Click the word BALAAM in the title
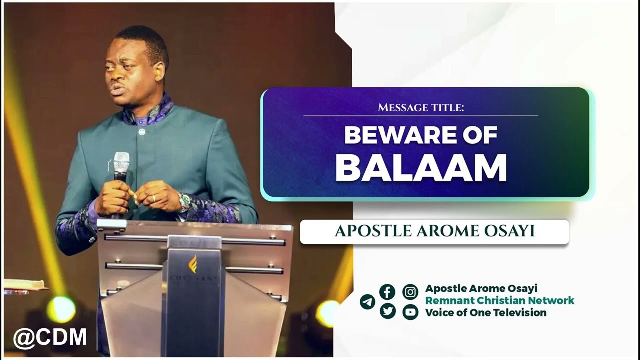(421, 168)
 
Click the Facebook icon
(387, 292)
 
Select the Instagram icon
(410, 292)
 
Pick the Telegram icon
(367, 302)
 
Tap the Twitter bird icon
(387, 311)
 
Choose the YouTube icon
(410, 312)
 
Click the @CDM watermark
(50, 338)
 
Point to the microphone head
(121, 162)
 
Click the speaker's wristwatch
(184, 202)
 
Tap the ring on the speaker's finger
(154, 198)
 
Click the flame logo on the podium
(193, 264)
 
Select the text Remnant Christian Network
(499, 301)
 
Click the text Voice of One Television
(485, 313)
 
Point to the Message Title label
(421, 107)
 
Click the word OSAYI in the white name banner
(509, 231)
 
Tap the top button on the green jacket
(142, 132)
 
